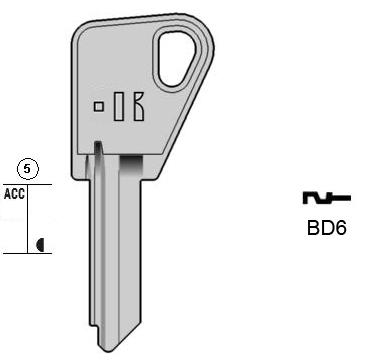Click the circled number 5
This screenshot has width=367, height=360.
pyautogui.click(x=28, y=169)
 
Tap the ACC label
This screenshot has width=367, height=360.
pyautogui.click(x=15, y=194)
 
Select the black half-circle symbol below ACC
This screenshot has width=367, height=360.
pyautogui.click(x=40, y=245)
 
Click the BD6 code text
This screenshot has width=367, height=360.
pyautogui.click(x=327, y=228)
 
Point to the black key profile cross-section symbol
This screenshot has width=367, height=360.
pyautogui.click(x=326, y=198)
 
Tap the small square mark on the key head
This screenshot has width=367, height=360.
pyautogui.click(x=99, y=107)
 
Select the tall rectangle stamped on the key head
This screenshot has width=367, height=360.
pyautogui.click(x=119, y=106)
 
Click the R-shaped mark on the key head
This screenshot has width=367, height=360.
pyautogui.click(x=139, y=106)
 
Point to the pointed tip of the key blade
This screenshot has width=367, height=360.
pyautogui.click(x=107, y=351)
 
